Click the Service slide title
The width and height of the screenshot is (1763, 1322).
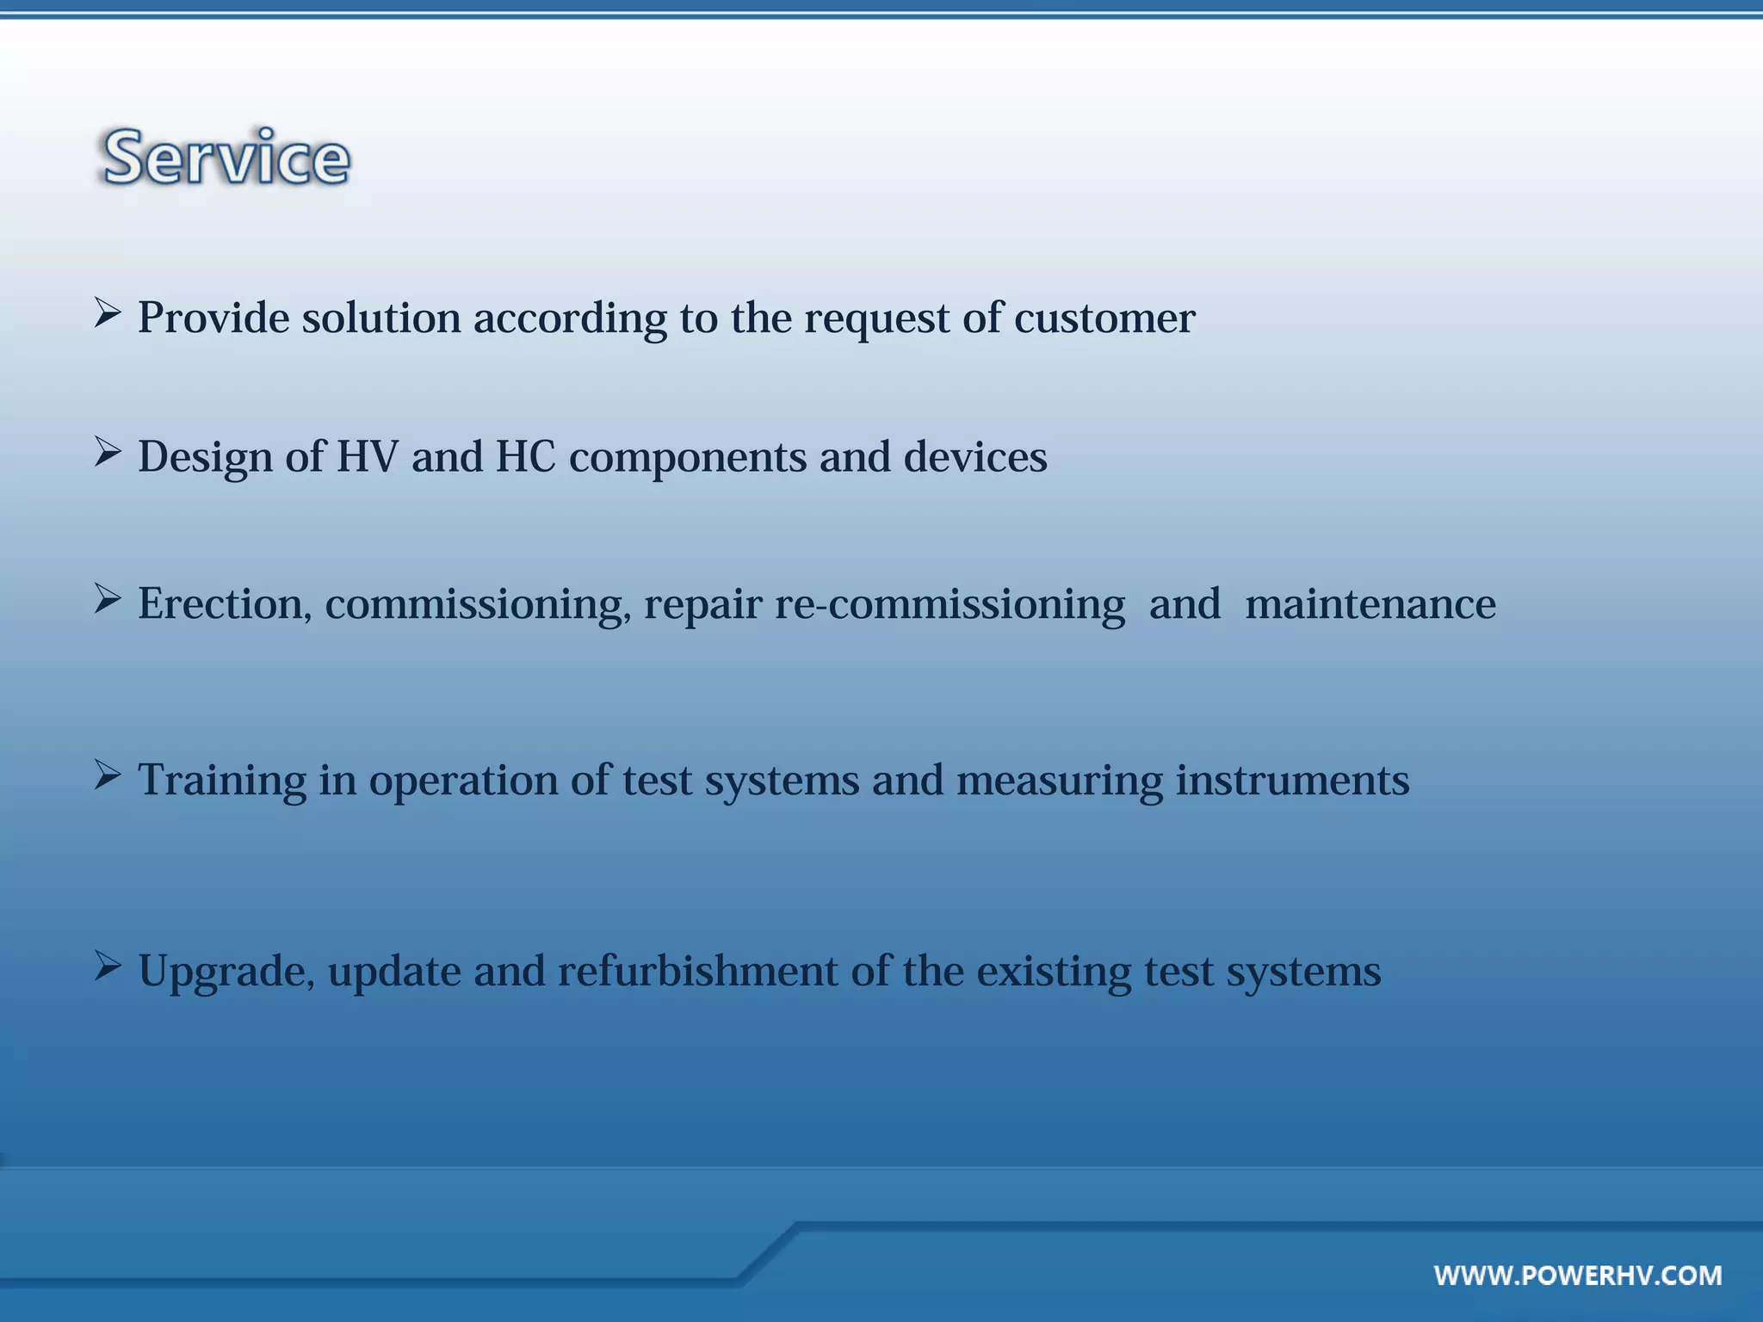pyautogui.click(x=226, y=158)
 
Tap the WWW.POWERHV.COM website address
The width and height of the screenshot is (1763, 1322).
pyautogui.click(x=1578, y=1275)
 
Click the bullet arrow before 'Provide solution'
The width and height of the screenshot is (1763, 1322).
pyautogui.click(x=107, y=312)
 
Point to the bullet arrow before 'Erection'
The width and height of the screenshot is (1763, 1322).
pyautogui.click(x=107, y=598)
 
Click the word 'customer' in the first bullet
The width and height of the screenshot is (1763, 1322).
pyautogui.click(x=1104, y=318)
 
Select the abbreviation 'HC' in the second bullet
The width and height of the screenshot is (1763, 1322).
pyautogui.click(x=525, y=457)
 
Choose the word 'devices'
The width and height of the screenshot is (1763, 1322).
pyautogui.click(x=975, y=457)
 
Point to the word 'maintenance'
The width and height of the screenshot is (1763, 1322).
pyautogui.click(x=1370, y=603)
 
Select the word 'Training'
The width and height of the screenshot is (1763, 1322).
pyautogui.click(x=222, y=781)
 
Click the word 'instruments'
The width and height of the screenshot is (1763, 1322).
pyautogui.click(x=1292, y=781)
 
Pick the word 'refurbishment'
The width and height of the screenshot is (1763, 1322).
pyautogui.click(x=698, y=971)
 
